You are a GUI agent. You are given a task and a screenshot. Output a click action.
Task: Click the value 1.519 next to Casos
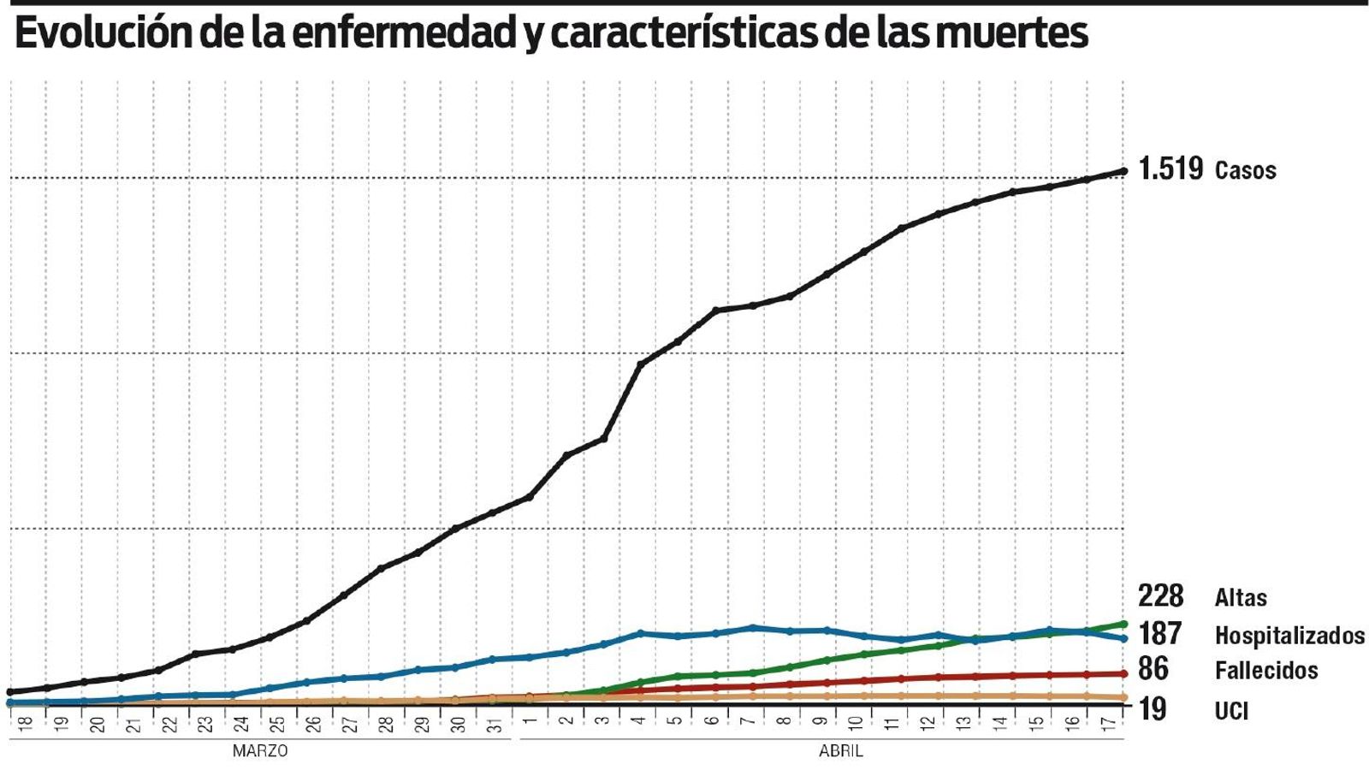pyautogui.click(x=1170, y=169)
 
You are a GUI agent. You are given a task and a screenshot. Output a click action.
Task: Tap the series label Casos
pyautogui.click(x=1245, y=170)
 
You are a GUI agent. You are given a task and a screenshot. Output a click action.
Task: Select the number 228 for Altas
pyautogui.click(x=1160, y=595)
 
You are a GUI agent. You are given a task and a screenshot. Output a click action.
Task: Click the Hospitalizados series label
pyautogui.click(x=1289, y=636)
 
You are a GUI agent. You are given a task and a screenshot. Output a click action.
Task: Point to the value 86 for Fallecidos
pyautogui.click(x=1153, y=668)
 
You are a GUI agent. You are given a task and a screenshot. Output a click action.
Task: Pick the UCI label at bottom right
pyautogui.click(x=1231, y=710)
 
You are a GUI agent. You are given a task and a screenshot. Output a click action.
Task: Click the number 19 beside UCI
pyautogui.click(x=1152, y=709)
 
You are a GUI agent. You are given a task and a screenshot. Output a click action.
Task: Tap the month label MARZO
pyautogui.click(x=260, y=751)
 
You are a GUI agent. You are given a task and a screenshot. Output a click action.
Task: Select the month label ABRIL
pyautogui.click(x=840, y=751)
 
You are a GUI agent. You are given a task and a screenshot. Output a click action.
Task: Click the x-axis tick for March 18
pyautogui.click(x=26, y=724)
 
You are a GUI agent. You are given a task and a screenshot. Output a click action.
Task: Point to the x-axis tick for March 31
pyautogui.click(x=493, y=724)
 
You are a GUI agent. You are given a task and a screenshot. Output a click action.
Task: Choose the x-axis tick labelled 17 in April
pyautogui.click(x=1107, y=724)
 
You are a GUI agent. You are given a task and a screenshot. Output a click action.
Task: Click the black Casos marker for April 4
pyautogui.click(x=641, y=364)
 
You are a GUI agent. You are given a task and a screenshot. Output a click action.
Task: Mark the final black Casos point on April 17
pyautogui.click(x=1123, y=171)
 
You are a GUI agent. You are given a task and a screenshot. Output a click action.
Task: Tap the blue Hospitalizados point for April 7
pyautogui.click(x=751, y=628)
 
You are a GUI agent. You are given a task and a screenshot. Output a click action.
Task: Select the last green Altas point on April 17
pyautogui.click(x=1123, y=624)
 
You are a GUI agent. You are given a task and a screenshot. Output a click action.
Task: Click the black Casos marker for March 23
pyautogui.click(x=196, y=654)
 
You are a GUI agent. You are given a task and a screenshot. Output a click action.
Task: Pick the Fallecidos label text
pyautogui.click(x=1265, y=670)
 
